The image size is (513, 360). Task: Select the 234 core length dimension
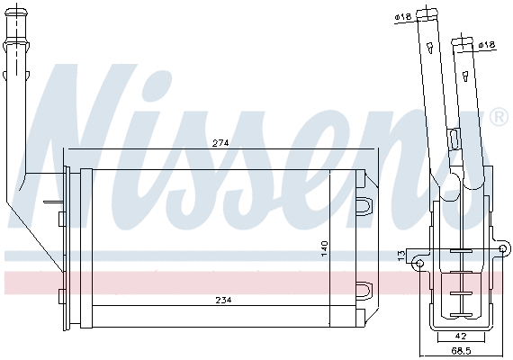[x=220, y=301]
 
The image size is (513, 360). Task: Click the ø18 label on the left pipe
[x=401, y=17]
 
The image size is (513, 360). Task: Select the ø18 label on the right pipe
[x=487, y=44]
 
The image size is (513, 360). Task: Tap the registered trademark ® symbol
[x=498, y=118]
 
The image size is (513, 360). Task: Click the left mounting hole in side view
[x=419, y=262]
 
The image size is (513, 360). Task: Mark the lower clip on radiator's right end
[x=364, y=289]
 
